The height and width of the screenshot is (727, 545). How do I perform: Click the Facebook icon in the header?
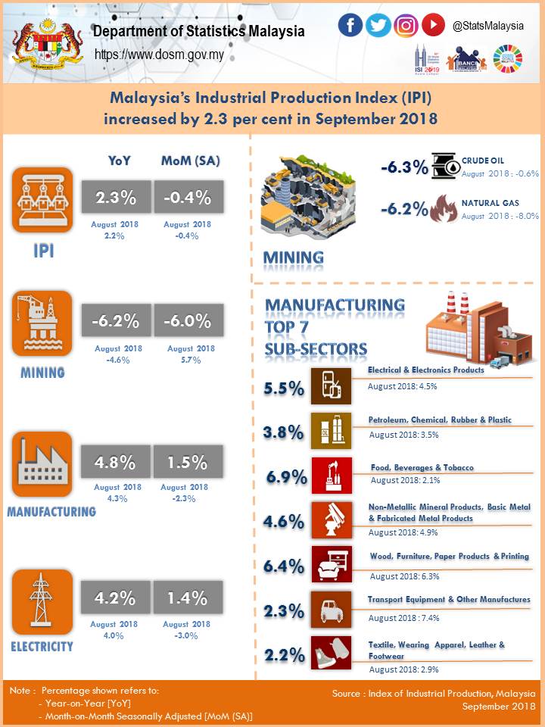pyautogui.click(x=350, y=25)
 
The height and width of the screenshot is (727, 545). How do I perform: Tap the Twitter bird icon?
pyautogui.click(x=378, y=25)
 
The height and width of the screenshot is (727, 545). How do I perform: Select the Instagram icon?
pyautogui.click(x=406, y=25)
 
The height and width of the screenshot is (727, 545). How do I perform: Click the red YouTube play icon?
pyautogui.click(x=433, y=25)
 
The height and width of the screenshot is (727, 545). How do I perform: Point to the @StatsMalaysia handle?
pyautogui.click(x=488, y=26)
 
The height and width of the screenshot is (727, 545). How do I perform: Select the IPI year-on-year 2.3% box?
pyautogui.click(x=116, y=198)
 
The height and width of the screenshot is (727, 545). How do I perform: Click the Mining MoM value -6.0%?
pyautogui.click(x=188, y=321)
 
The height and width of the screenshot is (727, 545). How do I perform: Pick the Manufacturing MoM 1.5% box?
pyautogui.click(x=188, y=462)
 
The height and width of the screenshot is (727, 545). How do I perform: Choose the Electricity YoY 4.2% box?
pyautogui.click(x=116, y=598)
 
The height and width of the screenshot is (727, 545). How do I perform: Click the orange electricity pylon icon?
pyautogui.click(x=42, y=601)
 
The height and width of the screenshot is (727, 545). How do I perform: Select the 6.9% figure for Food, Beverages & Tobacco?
pyautogui.click(x=287, y=477)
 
